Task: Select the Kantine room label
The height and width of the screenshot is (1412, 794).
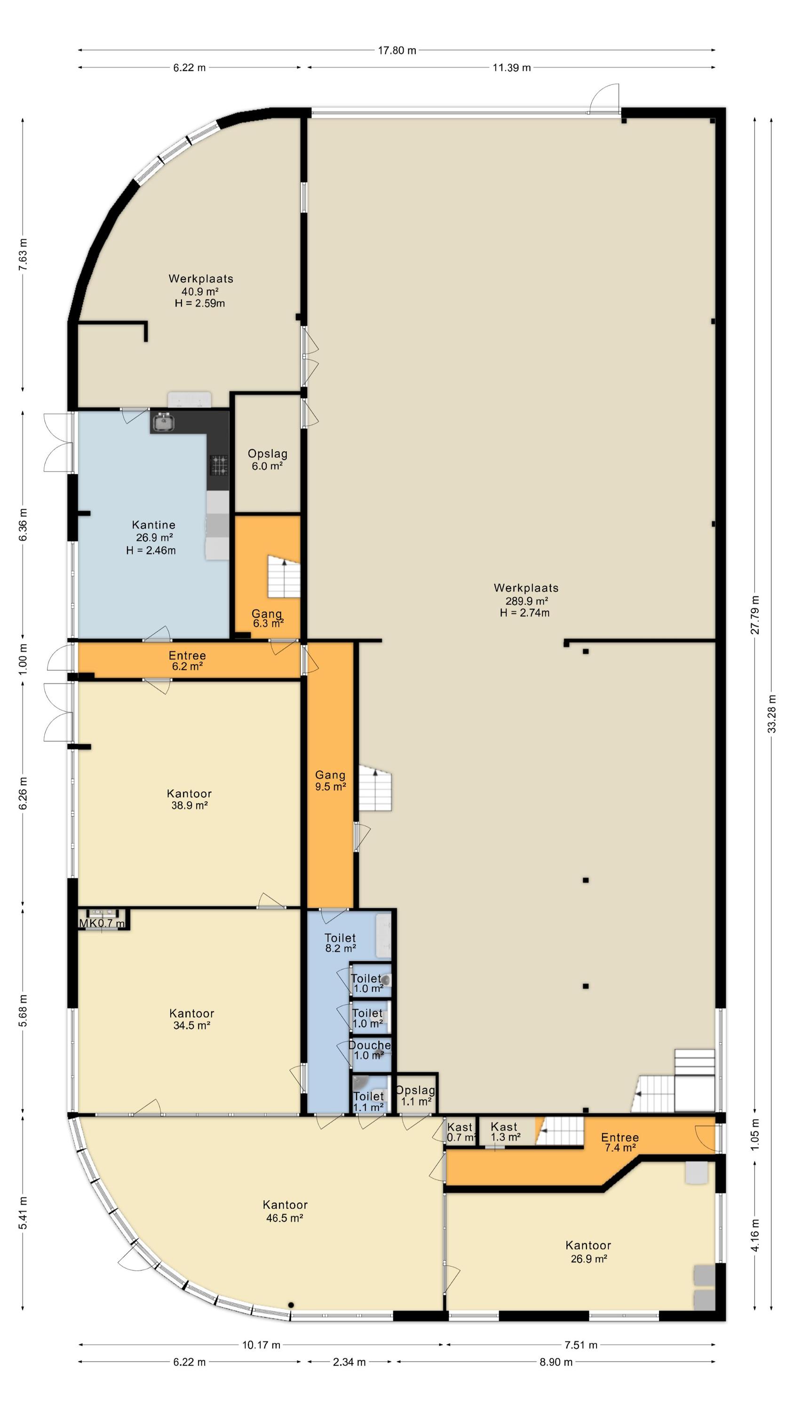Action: click(x=153, y=525)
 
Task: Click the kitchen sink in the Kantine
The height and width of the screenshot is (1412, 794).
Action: click(x=162, y=422)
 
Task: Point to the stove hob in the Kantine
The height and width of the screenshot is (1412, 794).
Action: click(x=220, y=465)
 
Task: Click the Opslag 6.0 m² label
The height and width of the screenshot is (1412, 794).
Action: click(x=267, y=460)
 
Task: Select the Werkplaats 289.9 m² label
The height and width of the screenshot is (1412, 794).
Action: click(x=526, y=594)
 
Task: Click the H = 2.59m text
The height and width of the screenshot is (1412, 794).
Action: click(x=200, y=303)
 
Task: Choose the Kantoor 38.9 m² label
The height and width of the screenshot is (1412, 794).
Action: click(x=189, y=799)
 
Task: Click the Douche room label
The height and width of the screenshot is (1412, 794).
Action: click(x=369, y=1045)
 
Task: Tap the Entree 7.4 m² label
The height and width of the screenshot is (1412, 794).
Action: click(x=620, y=1142)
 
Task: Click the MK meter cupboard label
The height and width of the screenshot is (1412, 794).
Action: click(x=87, y=923)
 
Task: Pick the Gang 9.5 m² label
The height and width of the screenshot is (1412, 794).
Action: click(x=330, y=780)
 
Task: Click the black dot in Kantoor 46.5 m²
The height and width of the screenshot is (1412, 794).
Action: click(x=291, y=1305)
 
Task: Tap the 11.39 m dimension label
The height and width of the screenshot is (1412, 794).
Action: click(x=511, y=67)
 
